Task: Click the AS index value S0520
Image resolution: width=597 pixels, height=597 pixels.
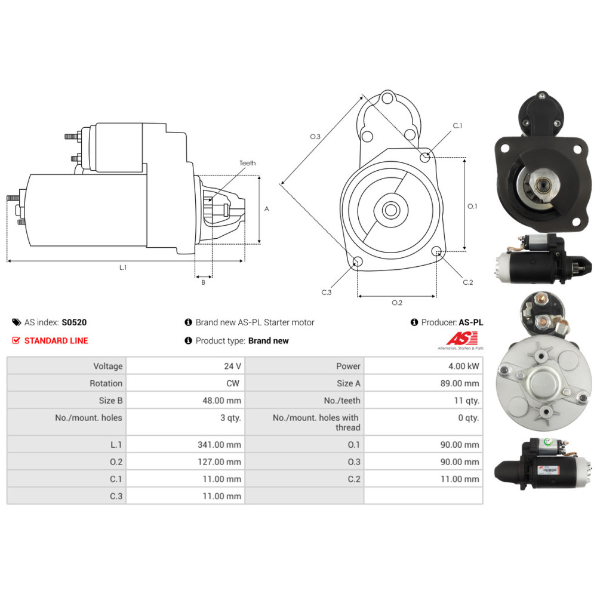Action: [74, 322]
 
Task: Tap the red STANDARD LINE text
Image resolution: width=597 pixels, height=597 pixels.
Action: [56, 341]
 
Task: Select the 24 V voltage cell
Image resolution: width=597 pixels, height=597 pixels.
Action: [232, 367]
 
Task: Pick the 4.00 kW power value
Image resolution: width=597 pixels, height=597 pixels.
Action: [463, 367]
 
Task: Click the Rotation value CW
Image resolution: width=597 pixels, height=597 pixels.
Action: [233, 383]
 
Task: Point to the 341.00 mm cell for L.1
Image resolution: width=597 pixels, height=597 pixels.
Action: [219, 445]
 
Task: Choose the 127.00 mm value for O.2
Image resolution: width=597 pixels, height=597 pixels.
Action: [219, 462]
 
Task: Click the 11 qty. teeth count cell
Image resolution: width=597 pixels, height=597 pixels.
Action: [466, 401]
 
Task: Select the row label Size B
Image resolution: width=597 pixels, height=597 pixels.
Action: [110, 401]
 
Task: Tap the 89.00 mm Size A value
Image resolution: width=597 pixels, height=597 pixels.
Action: [460, 383]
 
